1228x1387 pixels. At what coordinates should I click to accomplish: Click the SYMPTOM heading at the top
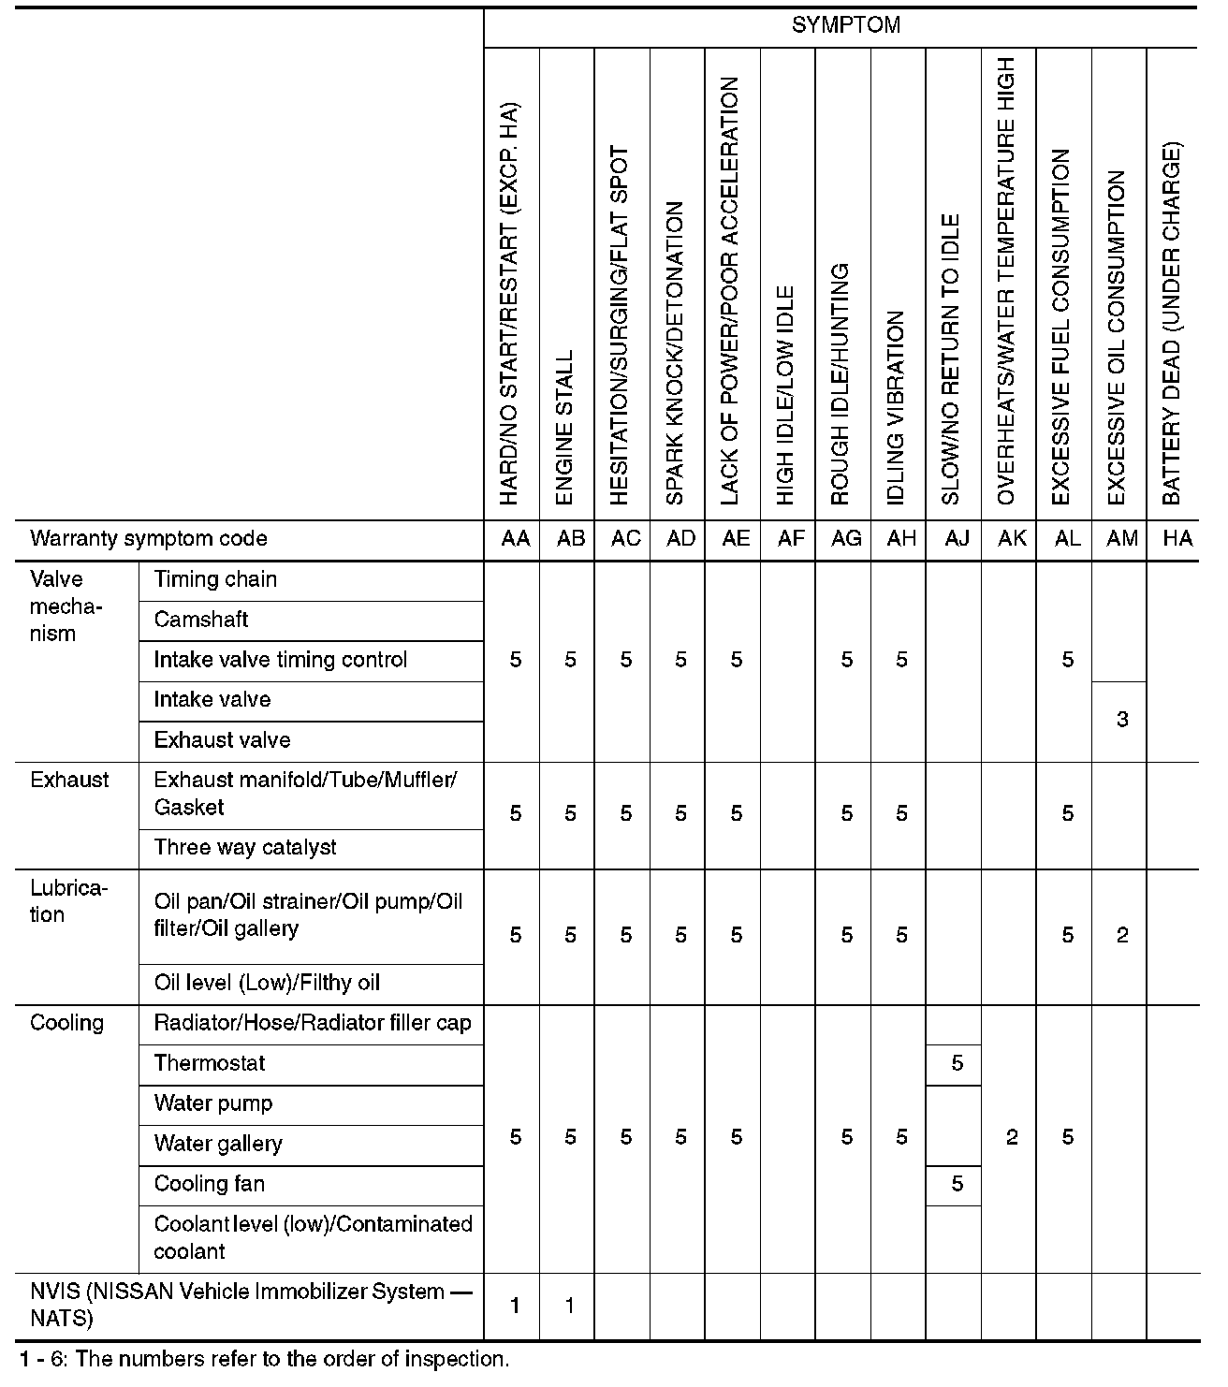pyautogui.click(x=845, y=26)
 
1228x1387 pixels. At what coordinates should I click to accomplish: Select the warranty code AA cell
pyautogui.click(x=516, y=539)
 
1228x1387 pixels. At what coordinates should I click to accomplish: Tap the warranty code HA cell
pyautogui.click(x=1177, y=539)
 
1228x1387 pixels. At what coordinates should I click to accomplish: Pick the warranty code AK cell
pyautogui.click(x=1012, y=539)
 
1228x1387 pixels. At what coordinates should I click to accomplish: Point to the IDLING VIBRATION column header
pyautogui.click(x=896, y=408)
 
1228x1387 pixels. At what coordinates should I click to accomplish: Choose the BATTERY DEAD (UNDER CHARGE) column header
pyautogui.click(x=1172, y=324)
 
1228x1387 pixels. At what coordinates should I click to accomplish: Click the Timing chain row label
pyautogui.click(x=215, y=579)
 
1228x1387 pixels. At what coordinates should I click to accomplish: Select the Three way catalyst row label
pyautogui.click(x=245, y=848)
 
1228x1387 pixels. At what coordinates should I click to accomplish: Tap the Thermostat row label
pyautogui.click(x=210, y=1064)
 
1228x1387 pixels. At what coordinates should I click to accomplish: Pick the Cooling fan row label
pyautogui.click(x=210, y=1185)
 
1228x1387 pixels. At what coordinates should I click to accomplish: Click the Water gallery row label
pyautogui.click(x=218, y=1145)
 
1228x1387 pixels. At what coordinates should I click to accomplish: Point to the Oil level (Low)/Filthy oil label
pyautogui.click(x=267, y=984)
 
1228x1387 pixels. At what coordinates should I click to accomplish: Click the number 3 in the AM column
pyautogui.click(x=1122, y=721)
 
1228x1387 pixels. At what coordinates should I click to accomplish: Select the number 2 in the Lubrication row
pyautogui.click(x=1122, y=936)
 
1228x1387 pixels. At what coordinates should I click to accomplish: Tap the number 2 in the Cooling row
pyautogui.click(x=1012, y=1138)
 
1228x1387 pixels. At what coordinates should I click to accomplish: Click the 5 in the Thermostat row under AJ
pyautogui.click(x=957, y=1064)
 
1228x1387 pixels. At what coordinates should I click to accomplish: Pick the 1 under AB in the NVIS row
pyautogui.click(x=570, y=1307)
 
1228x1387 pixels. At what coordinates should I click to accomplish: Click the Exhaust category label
pyautogui.click(x=69, y=781)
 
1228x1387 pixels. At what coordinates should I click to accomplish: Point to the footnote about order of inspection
pyautogui.click(x=264, y=1360)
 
